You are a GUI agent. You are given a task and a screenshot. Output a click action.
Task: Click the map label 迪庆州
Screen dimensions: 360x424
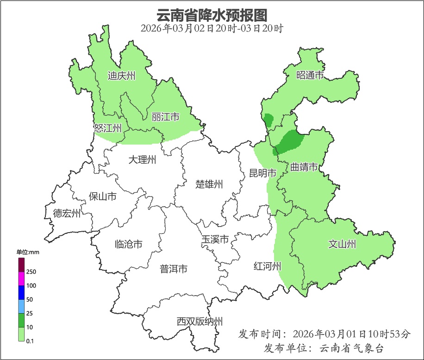coord(121,76)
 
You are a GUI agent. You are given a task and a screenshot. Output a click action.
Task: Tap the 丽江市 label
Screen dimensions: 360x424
coord(165,117)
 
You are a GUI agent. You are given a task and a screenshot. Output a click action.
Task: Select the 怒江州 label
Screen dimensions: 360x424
coord(107,128)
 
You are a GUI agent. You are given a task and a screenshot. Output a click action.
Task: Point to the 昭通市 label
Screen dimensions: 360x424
coord(310,75)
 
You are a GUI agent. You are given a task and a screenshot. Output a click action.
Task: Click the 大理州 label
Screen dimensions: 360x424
coord(142,160)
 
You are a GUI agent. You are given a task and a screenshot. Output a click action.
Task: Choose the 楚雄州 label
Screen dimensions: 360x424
coord(209,184)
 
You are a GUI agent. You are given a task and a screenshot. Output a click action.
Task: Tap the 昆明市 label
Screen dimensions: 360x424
coord(262,173)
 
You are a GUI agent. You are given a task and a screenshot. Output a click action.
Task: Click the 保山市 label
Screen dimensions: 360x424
coord(102,196)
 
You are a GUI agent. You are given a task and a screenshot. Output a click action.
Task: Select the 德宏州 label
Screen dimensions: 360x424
coord(67,214)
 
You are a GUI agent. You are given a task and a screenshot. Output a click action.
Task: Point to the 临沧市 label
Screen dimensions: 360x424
coord(128,244)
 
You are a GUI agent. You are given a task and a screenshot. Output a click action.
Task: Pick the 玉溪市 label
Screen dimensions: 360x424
coord(215,240)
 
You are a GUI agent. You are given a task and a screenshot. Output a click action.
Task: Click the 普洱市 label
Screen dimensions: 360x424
coord(174,269)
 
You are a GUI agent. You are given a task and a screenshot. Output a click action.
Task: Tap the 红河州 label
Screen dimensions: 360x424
coord(268,266)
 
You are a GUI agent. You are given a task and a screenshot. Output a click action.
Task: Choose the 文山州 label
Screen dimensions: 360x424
coord(342,244)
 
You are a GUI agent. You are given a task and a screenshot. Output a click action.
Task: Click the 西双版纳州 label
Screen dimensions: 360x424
coord(200,321)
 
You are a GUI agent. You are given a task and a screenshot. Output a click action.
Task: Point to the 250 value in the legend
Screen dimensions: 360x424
coord(31,272)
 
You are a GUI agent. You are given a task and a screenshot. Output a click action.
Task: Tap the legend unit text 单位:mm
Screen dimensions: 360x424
coord(28,252)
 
